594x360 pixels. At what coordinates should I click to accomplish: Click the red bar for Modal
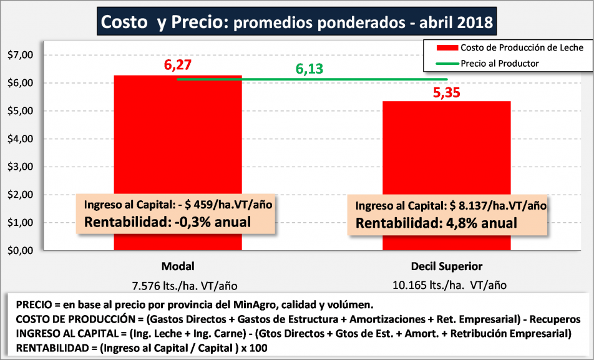pos(177,137)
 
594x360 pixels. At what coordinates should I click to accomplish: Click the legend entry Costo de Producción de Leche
pos(522,47)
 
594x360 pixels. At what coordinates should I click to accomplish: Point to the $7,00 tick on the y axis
pos(19,55)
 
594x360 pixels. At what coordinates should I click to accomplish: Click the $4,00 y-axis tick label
pos(19,139)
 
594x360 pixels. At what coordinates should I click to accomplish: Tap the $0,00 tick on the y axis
pos(19,250)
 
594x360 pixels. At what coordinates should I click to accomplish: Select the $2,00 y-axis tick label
pos(19,195)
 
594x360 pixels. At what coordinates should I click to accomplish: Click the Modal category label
pos(178,266)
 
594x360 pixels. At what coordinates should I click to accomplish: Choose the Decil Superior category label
pos(447,266)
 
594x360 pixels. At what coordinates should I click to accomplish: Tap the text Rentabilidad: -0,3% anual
pos(167,221)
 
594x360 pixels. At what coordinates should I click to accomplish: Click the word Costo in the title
pos(124,22)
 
